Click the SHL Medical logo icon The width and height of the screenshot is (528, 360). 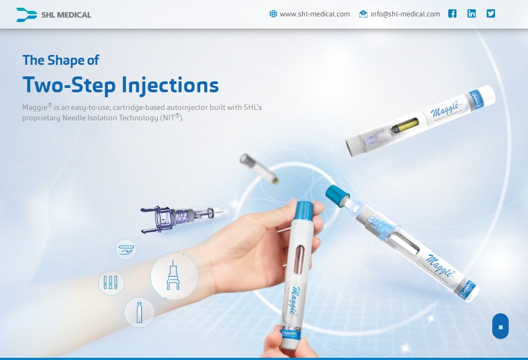pyautogui.click(x=26, y=15)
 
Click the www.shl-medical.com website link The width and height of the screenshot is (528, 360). pyautogui.click(x=315, y=14)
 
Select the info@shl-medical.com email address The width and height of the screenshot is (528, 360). pyautogui.click(x=405, y=14)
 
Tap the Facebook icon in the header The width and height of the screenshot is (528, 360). pyautogui.click(x=452, y=14)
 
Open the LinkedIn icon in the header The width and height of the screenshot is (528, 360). pyautogui.click(x=471, y=14)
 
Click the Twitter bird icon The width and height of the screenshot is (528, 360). pyautogui.click(x=491, y=14)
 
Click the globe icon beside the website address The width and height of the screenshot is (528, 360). pyautogui.click(x=273, y=14)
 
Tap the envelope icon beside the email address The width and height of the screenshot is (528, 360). pyautogui.click(x=363, y=14)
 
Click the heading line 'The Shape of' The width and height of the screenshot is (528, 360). pyautogui.click(x=61, y=60)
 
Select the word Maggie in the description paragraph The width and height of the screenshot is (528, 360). pyautogui.click(x=34, y=107)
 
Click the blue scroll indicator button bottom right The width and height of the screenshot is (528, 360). pyautogui.click(x=500, y=326)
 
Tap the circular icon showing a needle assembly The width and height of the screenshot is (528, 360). pyautogui.click(x=174, y=275)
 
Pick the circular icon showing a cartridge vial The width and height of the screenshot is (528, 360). pyautogui.click(x=139, y=313)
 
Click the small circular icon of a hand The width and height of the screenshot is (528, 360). pyautogui.click(x=126, y=249)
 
